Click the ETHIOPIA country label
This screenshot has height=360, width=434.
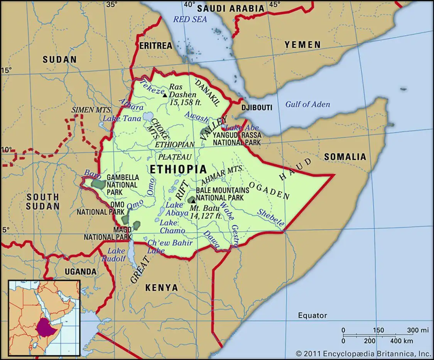[178, 169]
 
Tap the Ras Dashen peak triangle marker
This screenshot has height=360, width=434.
[165, 95]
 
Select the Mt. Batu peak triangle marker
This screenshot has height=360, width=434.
[191, 201]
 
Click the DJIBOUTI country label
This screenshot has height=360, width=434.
[257, 107]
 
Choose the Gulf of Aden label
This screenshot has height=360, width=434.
[307, 104]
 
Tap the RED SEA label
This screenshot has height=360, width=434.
[190, 19]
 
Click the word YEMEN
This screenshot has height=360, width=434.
[302, 45]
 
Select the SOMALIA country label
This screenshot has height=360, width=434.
[344, 157]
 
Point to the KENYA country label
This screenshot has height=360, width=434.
[161, 288]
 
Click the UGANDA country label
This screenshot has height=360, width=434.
[80, 271]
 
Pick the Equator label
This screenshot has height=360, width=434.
[312, 316]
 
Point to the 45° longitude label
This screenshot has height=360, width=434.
[274, 5]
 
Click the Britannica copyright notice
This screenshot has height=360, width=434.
[363, 353]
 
